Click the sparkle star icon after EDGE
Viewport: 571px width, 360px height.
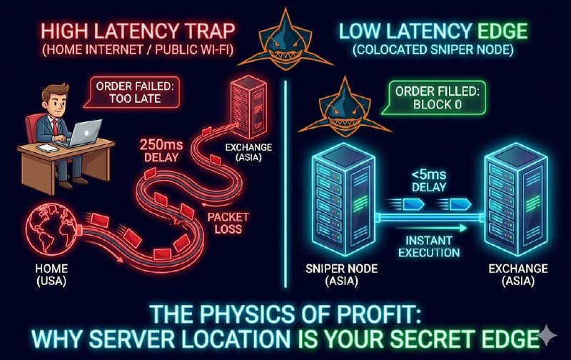click(547, 335)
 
